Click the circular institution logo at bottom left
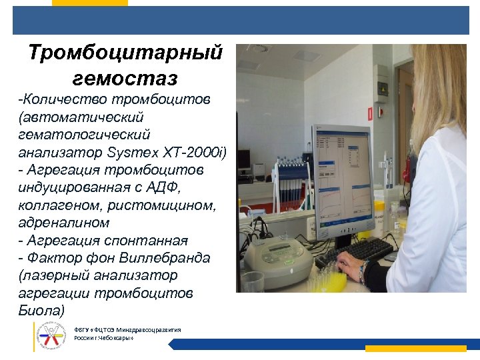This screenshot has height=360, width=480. point(52,335)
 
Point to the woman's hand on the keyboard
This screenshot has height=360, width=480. point(352,267)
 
